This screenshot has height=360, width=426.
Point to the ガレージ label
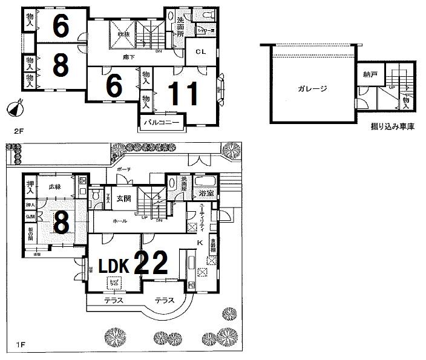pyautogui.click(x=312, y=89)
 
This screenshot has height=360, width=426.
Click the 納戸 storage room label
pyautogui.click(x=371, y=75)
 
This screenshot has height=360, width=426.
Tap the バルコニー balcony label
pyautogui.click(x=161, y=123)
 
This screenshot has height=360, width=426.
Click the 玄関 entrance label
pyautogui.click(x=124, y=198)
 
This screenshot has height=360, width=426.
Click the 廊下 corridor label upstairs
pyautogui.click(x=128, y=57)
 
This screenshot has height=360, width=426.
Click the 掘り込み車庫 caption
pyautogui.click(x=392, y=128)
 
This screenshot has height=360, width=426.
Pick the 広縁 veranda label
pyautogui.click(x=56, y=187)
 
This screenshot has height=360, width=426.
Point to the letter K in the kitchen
pyautogui.click(x=200, y=242)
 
